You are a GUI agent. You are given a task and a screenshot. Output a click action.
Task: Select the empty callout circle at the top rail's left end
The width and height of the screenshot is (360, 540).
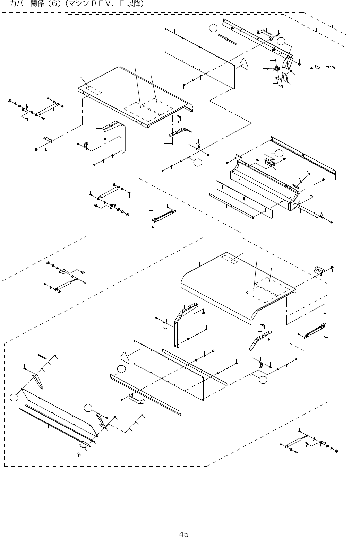[x=215, y=28]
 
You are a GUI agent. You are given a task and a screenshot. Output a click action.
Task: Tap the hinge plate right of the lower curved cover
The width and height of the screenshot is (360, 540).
[x=318, y=270]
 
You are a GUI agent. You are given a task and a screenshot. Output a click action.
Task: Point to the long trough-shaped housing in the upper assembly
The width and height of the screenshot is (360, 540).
[x=264, y=184]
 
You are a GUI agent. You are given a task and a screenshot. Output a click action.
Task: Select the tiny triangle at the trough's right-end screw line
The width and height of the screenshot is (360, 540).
[x=322, y=215]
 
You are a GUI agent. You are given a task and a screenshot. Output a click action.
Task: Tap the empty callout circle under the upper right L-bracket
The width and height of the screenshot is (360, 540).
[x=197, y=163]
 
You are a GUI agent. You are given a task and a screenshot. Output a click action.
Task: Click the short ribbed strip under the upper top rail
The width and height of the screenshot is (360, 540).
[x=227, y=39]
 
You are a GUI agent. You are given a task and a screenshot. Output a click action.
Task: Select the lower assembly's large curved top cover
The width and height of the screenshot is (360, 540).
[x=236, y=284]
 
